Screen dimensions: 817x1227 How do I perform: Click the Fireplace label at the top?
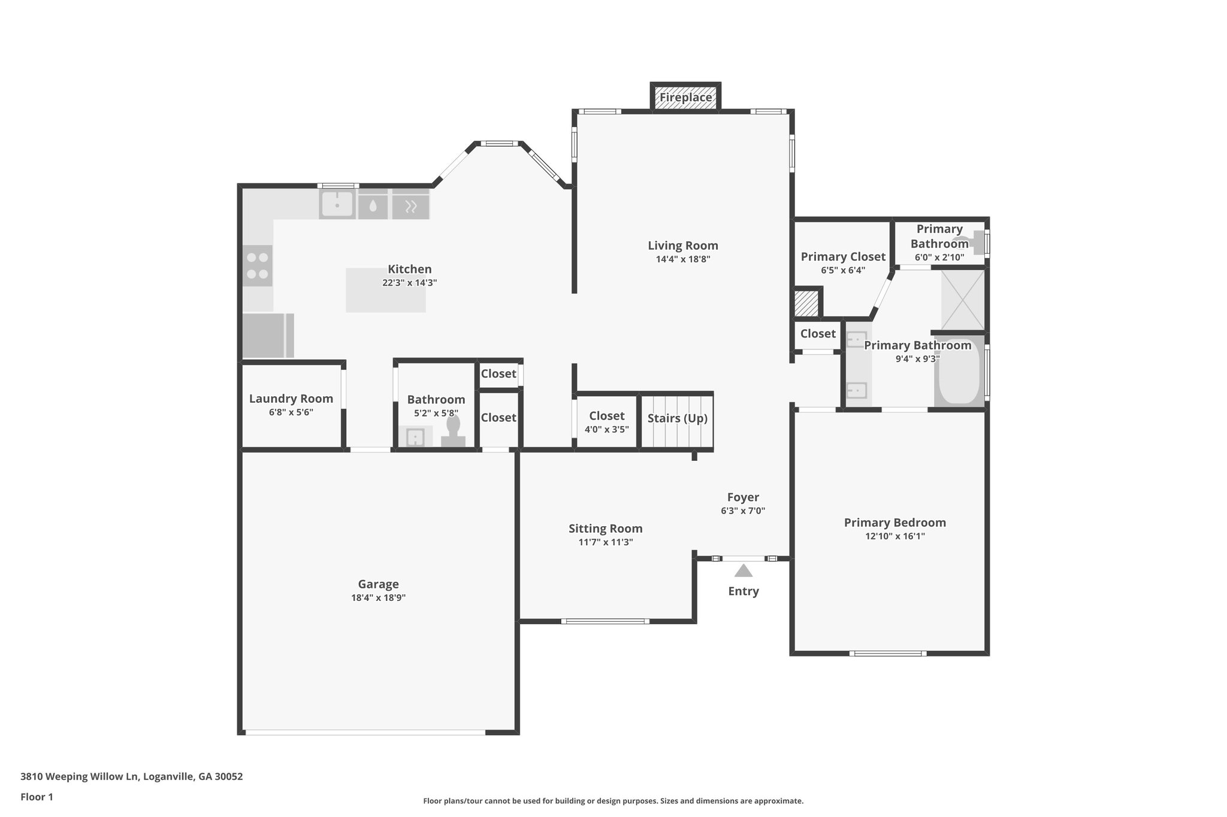(685, 97)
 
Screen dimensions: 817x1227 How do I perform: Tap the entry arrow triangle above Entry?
(743, 570)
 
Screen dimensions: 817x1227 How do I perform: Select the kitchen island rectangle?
(386, 290)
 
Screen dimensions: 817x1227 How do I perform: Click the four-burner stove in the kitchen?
(258, 266)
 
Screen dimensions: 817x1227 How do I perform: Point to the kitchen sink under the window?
(337, 205)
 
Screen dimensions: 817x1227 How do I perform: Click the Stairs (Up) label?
(677, 418)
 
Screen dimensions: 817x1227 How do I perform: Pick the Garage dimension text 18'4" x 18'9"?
(379, 597)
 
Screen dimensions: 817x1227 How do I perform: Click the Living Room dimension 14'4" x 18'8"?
(683, 259)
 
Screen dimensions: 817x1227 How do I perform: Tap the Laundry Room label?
(291, 399)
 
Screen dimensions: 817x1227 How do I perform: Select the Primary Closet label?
(843, 257)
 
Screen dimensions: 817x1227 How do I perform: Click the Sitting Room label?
(605, 529)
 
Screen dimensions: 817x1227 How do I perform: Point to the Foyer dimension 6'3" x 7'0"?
(743, 511)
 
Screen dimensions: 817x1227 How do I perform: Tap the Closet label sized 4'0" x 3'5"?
(606, 415)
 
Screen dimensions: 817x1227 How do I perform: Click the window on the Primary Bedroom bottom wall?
(888, 654)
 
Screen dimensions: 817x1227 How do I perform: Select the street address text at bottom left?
(132, 777)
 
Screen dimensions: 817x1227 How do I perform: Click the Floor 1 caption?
(37, 797)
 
